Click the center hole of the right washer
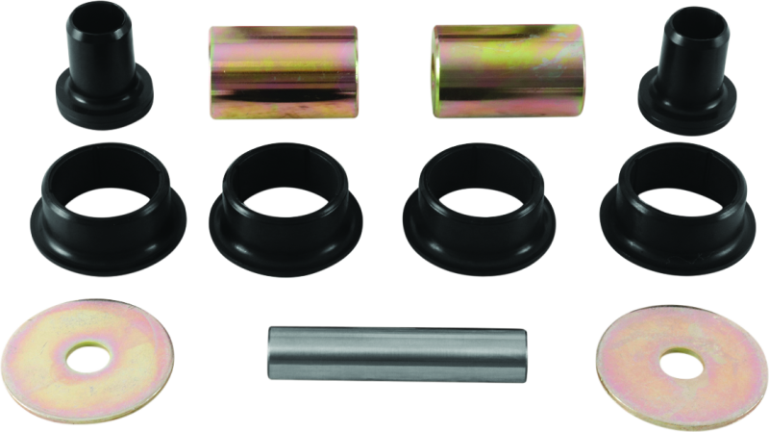click(681, 365)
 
